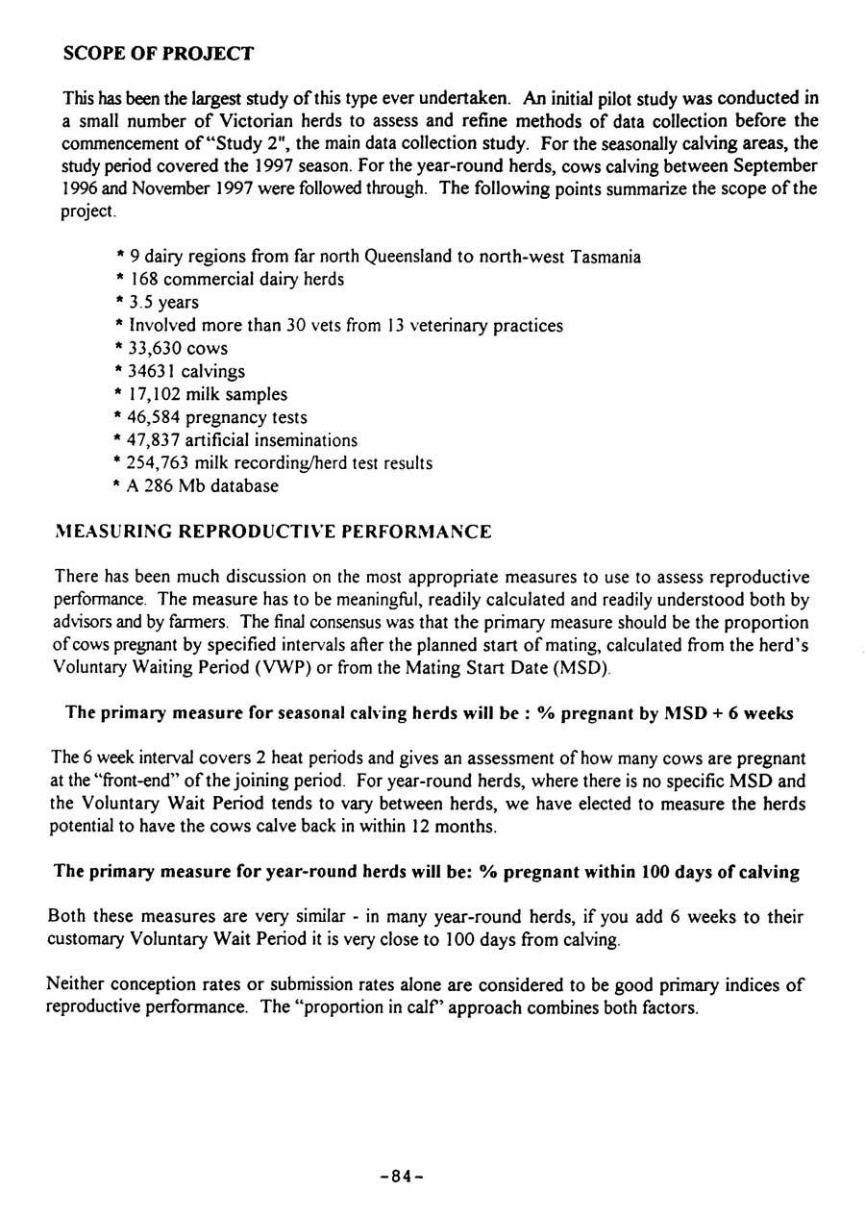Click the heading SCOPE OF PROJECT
pyautogui.click(x=158, y=54)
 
